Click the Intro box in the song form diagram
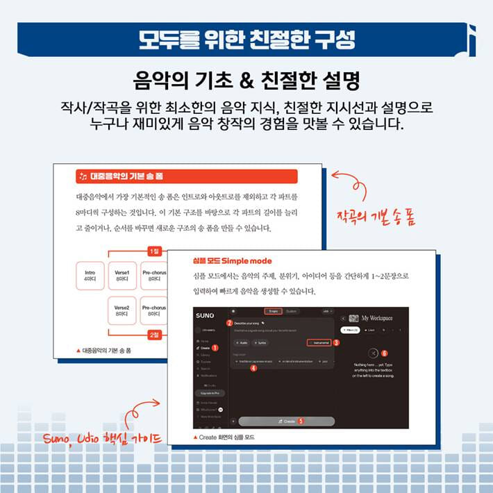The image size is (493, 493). (x=90, y=275)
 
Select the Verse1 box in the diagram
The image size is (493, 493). (x=122, y=275)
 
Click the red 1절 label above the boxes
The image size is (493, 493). (x=155, y=251)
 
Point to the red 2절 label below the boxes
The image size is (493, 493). (x=155, y=335)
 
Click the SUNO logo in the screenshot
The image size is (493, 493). (x=206, y=315)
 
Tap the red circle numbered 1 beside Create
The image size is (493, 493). (x=215, y=347)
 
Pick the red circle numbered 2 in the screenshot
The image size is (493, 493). (x=229, y=324)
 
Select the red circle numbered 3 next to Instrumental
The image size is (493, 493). (x=336, y=342)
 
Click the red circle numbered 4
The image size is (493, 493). (x=253, y=369)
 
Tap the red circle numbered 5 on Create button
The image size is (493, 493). (x=301, y=421)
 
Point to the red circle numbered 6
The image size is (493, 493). (x=384, y=353)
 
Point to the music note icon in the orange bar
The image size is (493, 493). (x=83, y=176)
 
